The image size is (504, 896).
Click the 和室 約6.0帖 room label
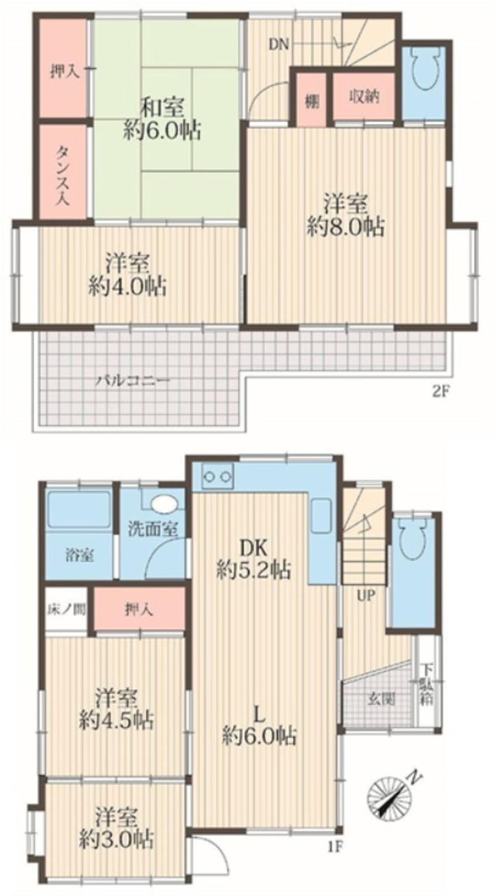(x=162, y=119)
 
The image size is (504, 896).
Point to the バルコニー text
(x=133, y=380)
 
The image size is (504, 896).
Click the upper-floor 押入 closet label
(x=62, y=72)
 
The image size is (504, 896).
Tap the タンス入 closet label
(x=62, y=176)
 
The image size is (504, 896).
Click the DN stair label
(x=279, y=45)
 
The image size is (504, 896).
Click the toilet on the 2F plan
(x=424, y=68)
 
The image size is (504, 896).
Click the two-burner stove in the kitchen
(x=218, y=477)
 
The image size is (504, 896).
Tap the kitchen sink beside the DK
(x=321, y=516)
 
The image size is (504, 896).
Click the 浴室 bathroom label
(x=79, y=556)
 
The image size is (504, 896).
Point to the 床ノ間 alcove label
(x=66, y=610)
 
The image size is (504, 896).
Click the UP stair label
(x=365, y=596)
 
